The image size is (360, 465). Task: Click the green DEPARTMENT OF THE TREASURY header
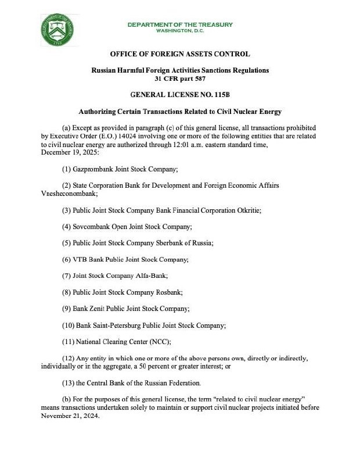(x=180, y=24)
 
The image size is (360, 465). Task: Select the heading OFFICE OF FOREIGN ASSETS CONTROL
(x=180, y=54)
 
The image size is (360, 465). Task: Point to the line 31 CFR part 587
(x=180, y=78)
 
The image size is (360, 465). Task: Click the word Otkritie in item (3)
(x=248, y=210)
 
